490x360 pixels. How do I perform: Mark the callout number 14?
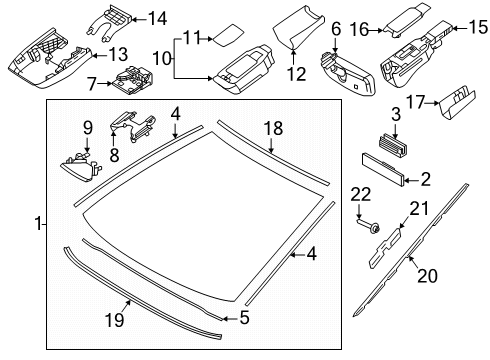pos(158,18)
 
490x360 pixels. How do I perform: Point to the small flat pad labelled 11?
pos(225,38)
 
